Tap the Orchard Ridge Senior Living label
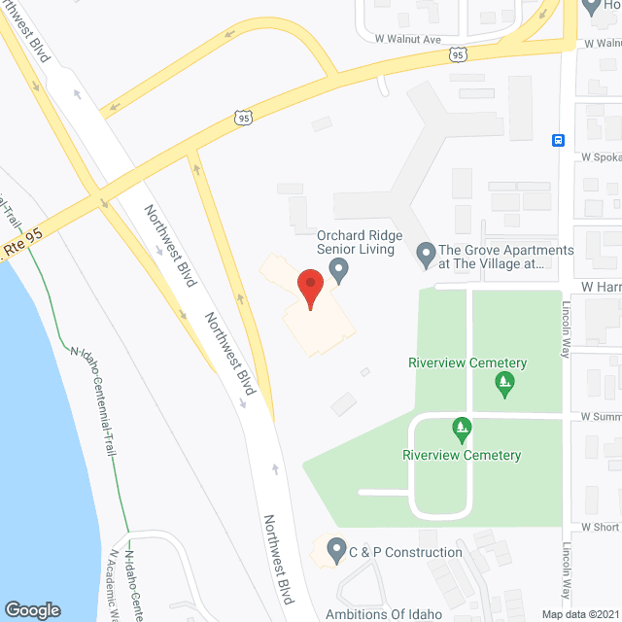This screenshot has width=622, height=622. (356, 242)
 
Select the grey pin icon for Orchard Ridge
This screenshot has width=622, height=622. (338, 273)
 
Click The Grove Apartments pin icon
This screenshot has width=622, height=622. (425, 256)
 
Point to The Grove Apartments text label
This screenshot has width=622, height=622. (506, 257)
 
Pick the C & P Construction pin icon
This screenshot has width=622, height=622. (336, 552)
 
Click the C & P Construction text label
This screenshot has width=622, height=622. (407, 552)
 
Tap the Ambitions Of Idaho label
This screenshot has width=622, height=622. (384, 613)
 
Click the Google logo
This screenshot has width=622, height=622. (31, 609)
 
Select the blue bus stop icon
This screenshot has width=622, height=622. (559, 139)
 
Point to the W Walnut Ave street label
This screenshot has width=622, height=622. (408, 39)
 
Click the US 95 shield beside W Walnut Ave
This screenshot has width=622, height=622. (457, 55)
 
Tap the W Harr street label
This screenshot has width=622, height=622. (601, 286)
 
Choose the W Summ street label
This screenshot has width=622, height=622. (600, 416)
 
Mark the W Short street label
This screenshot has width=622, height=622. (600, 526)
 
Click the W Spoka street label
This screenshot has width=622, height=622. (601, 155)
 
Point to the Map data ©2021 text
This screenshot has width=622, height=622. (580, 613)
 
